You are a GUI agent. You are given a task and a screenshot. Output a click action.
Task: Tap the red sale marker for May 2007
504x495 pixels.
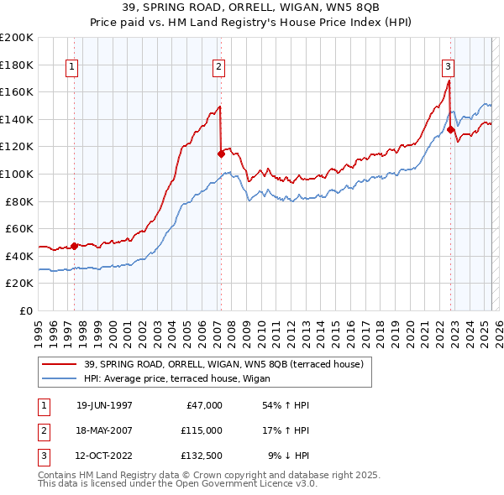pyautogui.click(x=221, y=154)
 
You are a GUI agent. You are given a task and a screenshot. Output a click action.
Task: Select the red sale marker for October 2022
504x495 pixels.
pyautogui.click(x=451, y=129)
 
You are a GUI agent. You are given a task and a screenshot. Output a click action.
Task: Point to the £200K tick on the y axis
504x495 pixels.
pyautogui.click(x=17, y=38)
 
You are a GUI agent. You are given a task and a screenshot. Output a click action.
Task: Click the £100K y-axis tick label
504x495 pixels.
pyautogui.click(x=17, y=175)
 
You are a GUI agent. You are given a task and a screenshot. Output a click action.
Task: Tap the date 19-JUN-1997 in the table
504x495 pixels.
pyautogui.click(x=104, y=405)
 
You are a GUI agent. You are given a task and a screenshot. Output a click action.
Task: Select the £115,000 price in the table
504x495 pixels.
pyautogui.click(x=202, y=430)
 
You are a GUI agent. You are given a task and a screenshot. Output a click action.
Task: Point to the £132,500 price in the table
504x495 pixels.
pyautogui.click(x=202, y=456)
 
